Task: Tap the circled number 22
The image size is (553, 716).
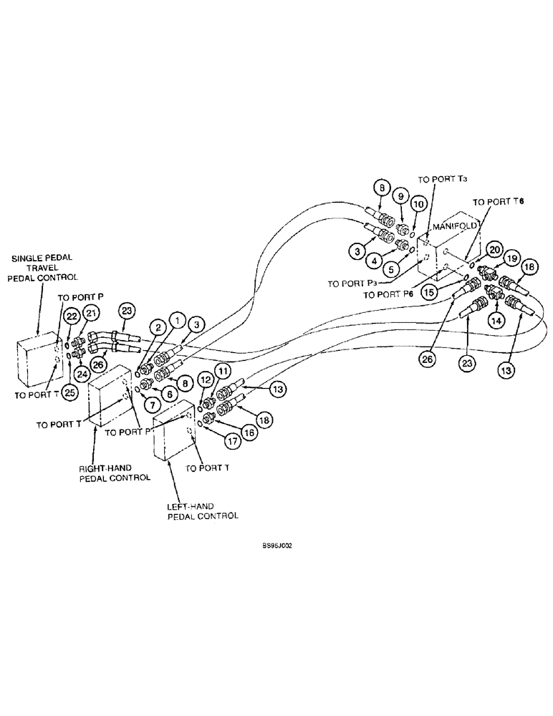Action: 71,316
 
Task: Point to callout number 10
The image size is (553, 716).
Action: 417,203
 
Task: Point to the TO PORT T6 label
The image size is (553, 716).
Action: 499,202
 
